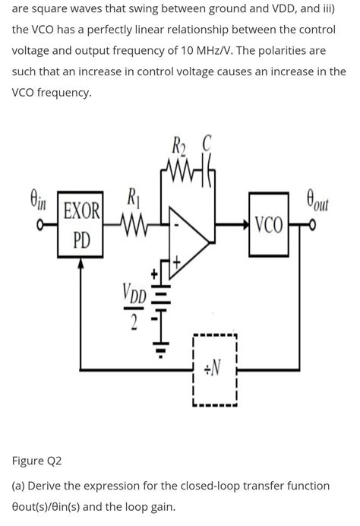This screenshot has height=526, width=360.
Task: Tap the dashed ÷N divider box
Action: pyautogui.click(x=215, y=369)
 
